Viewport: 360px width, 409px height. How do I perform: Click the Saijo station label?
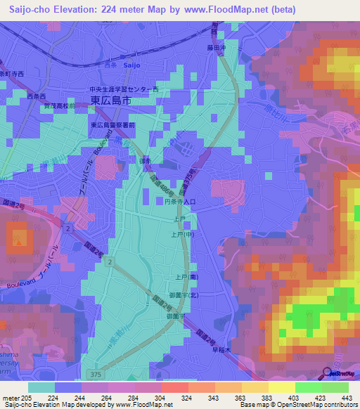pos(132,65)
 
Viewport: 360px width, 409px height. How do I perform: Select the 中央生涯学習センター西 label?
pos(124,90)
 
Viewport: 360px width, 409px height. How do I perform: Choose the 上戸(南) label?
pos(187,277)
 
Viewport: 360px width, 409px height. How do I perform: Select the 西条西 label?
pos(36,96)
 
